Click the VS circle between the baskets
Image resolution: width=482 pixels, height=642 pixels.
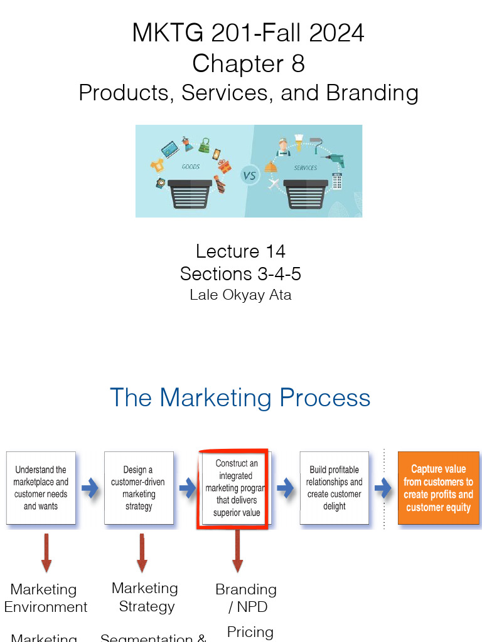click(249, 175)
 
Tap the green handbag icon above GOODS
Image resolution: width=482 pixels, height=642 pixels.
click(204, 145)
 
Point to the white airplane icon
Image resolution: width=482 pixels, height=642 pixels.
click(272, 184)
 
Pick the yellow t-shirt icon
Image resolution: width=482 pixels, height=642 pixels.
click(157, 166)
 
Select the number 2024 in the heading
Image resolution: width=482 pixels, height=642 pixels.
click(332, 33)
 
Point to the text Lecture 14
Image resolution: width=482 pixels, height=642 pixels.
click(240, 251)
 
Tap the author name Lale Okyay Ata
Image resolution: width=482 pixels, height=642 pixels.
click(240, 295)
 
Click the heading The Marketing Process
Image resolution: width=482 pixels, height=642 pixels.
click(240, 397)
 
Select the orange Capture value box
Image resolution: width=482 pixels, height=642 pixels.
click(438, 488)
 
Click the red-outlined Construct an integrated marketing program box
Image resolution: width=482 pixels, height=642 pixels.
click(233, 488)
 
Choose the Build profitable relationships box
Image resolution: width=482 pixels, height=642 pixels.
click(334, 488)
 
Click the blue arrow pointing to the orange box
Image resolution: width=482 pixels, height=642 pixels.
click(383, 488)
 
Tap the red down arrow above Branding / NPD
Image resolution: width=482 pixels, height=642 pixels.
click(237, 552)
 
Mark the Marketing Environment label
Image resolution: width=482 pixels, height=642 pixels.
click(45, 598)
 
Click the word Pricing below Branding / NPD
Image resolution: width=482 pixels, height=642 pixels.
click(250, 632)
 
